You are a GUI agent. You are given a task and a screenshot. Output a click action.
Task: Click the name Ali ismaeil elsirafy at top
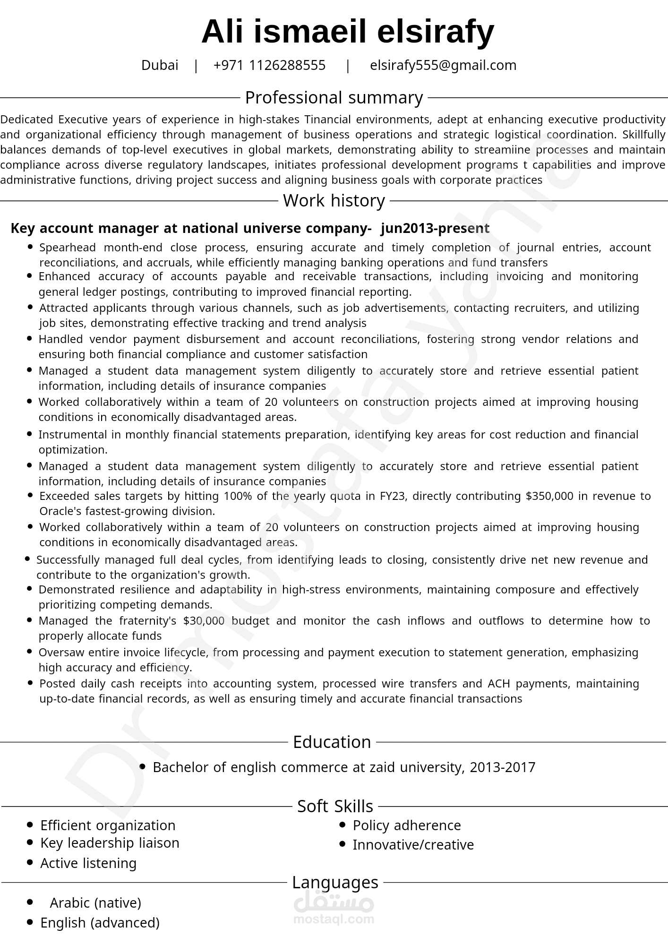point(348,32)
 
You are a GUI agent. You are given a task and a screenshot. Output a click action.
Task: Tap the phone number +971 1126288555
point(269,65)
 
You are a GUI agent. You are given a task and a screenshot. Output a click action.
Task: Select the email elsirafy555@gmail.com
point(443,65)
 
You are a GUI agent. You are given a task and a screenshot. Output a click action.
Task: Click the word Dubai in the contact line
point(160,65)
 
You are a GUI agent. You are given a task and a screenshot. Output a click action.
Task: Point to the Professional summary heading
point(334,98)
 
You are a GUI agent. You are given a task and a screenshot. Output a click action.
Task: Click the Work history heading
point(334,201)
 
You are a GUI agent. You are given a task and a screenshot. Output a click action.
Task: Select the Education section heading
point(332,742)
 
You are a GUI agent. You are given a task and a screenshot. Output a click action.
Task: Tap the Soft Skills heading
point(335,806)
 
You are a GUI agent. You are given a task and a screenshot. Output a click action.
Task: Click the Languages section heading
point(335,882)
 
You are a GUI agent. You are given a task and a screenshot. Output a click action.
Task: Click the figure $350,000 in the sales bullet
point(549,496)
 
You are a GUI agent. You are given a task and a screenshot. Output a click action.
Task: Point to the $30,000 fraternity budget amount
point(204,621)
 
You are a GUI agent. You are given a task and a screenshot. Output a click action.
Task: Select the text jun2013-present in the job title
point(435,229)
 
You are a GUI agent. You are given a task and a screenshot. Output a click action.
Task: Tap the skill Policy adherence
point(406,825)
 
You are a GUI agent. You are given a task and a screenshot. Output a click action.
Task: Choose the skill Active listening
point(88,863)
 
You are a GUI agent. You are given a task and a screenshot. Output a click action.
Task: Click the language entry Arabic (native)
point(95,903)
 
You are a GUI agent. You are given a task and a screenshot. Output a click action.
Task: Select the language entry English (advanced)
point(100,923)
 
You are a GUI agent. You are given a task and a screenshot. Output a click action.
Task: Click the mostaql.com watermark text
point(334,919)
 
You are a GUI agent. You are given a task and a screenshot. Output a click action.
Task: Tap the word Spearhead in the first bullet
point(68,248)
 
